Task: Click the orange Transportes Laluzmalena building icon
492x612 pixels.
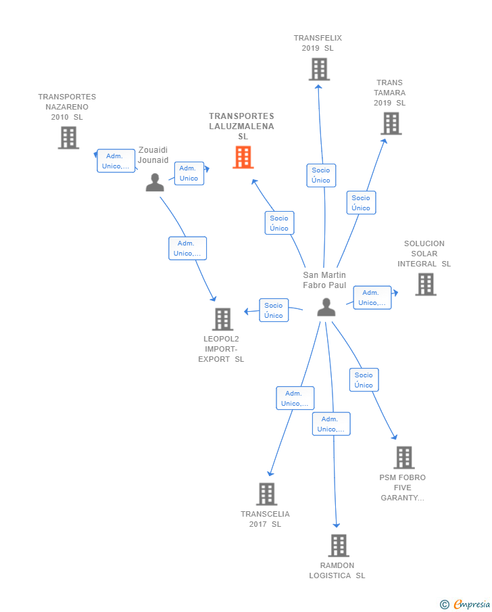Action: pyautogui.click(x=243, y=158)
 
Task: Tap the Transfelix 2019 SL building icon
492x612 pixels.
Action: pyautogui.click(x=319, y=70)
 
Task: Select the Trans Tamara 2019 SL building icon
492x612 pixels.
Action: pyautogui.click(x=391, y=123)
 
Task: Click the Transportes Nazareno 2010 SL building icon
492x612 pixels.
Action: pyautogui.click(x=69, y=138)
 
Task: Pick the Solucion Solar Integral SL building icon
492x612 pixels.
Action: pyautogui.click(x=426, y=284)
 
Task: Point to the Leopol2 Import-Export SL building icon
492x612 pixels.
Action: pyautogui.click(x=223, y=319)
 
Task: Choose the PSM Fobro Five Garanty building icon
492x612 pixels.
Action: pyautogui.click(x=404, y=457)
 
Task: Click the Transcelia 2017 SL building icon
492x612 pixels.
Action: pyautogui.click(x=267, y=494)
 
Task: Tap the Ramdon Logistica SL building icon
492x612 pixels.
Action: pyautogui.click(x=339, y=545)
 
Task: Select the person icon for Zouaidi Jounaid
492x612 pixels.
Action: pyautogui.click(x=155, y=183)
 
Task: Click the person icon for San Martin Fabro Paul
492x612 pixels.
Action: pyautogui.click(x=326, y=307)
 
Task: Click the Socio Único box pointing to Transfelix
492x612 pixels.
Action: pyautogui.click(x=321, y=175)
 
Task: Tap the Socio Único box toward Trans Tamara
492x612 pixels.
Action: pyautogui.click(x=362, y=203)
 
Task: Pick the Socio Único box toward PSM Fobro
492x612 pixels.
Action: pyautogui.click(x=364, y=380)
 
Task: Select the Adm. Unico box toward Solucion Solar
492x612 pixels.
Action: pyautogui.click(x=372, y=298)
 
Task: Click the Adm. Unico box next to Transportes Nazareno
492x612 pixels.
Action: pyautogui.click(x=116, y=161)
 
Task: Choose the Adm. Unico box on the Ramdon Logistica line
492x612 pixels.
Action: pyautogui.click(x=331, y=424)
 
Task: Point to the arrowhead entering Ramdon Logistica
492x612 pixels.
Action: pyautogui.click(x=337, y=525)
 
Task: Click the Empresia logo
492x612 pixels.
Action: pyautogui.click(x=465, y=604)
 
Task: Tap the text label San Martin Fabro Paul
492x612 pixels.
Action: pyautogui.click(x=324, y=280)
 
